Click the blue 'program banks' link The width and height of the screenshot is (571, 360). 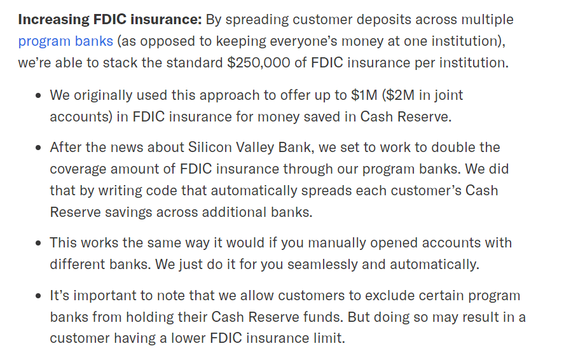[x=65, y=41]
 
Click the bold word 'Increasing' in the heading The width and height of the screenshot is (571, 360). [x=53, y=20]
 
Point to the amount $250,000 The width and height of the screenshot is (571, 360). [x=259, y=63]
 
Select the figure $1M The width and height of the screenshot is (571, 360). [x=364, y=95]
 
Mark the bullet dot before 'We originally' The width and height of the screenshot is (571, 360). [x=39, y=96]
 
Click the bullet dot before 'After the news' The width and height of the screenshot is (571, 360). [x=39, y=148]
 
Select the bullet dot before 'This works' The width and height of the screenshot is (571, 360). [x=39, y=244]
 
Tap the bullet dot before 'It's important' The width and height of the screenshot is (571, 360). [x=39, y=296]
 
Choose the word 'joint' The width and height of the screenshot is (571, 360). [x=450, y=95]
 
